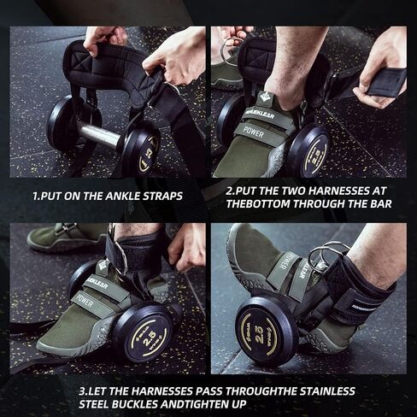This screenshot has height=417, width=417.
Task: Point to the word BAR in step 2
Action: pyautogui.click(x=379, y=203)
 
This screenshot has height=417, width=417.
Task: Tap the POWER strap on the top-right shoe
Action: pyautogui.click(x=253, y=132)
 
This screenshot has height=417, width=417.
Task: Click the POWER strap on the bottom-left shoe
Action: pyautogui.click(x=85, y=302)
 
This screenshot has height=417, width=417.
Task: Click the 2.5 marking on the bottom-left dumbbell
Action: pyautogui.click(x=149, y=337)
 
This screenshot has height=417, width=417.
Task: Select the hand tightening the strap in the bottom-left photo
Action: pyautogui.click(x=186, y=248)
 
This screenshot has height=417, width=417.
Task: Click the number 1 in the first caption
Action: pyautogui.click(x=35, y=197)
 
